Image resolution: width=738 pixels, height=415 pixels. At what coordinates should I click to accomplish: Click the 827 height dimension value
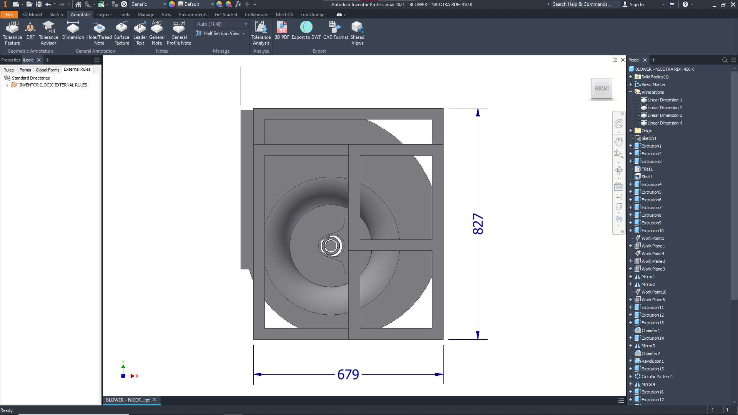click(x=478, y=224)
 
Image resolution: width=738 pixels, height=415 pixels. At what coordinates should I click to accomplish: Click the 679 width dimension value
click(x=348, y=374)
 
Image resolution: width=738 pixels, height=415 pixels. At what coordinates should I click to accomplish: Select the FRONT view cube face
click(x=602, y=89)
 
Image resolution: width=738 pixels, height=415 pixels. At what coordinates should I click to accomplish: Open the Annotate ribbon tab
click(x=80, y=15)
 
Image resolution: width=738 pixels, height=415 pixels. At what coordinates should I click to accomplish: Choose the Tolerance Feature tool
click(x=12, y=33)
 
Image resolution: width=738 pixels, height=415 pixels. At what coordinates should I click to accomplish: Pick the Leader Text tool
click(x=140, y=33)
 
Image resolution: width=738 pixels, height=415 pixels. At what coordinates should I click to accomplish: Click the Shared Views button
click(x=357, y=33)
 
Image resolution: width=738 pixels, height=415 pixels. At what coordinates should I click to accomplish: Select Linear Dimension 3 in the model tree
click(x=665, y=115)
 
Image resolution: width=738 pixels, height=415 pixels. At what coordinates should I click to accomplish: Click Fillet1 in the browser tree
click(x=647, y=169)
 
